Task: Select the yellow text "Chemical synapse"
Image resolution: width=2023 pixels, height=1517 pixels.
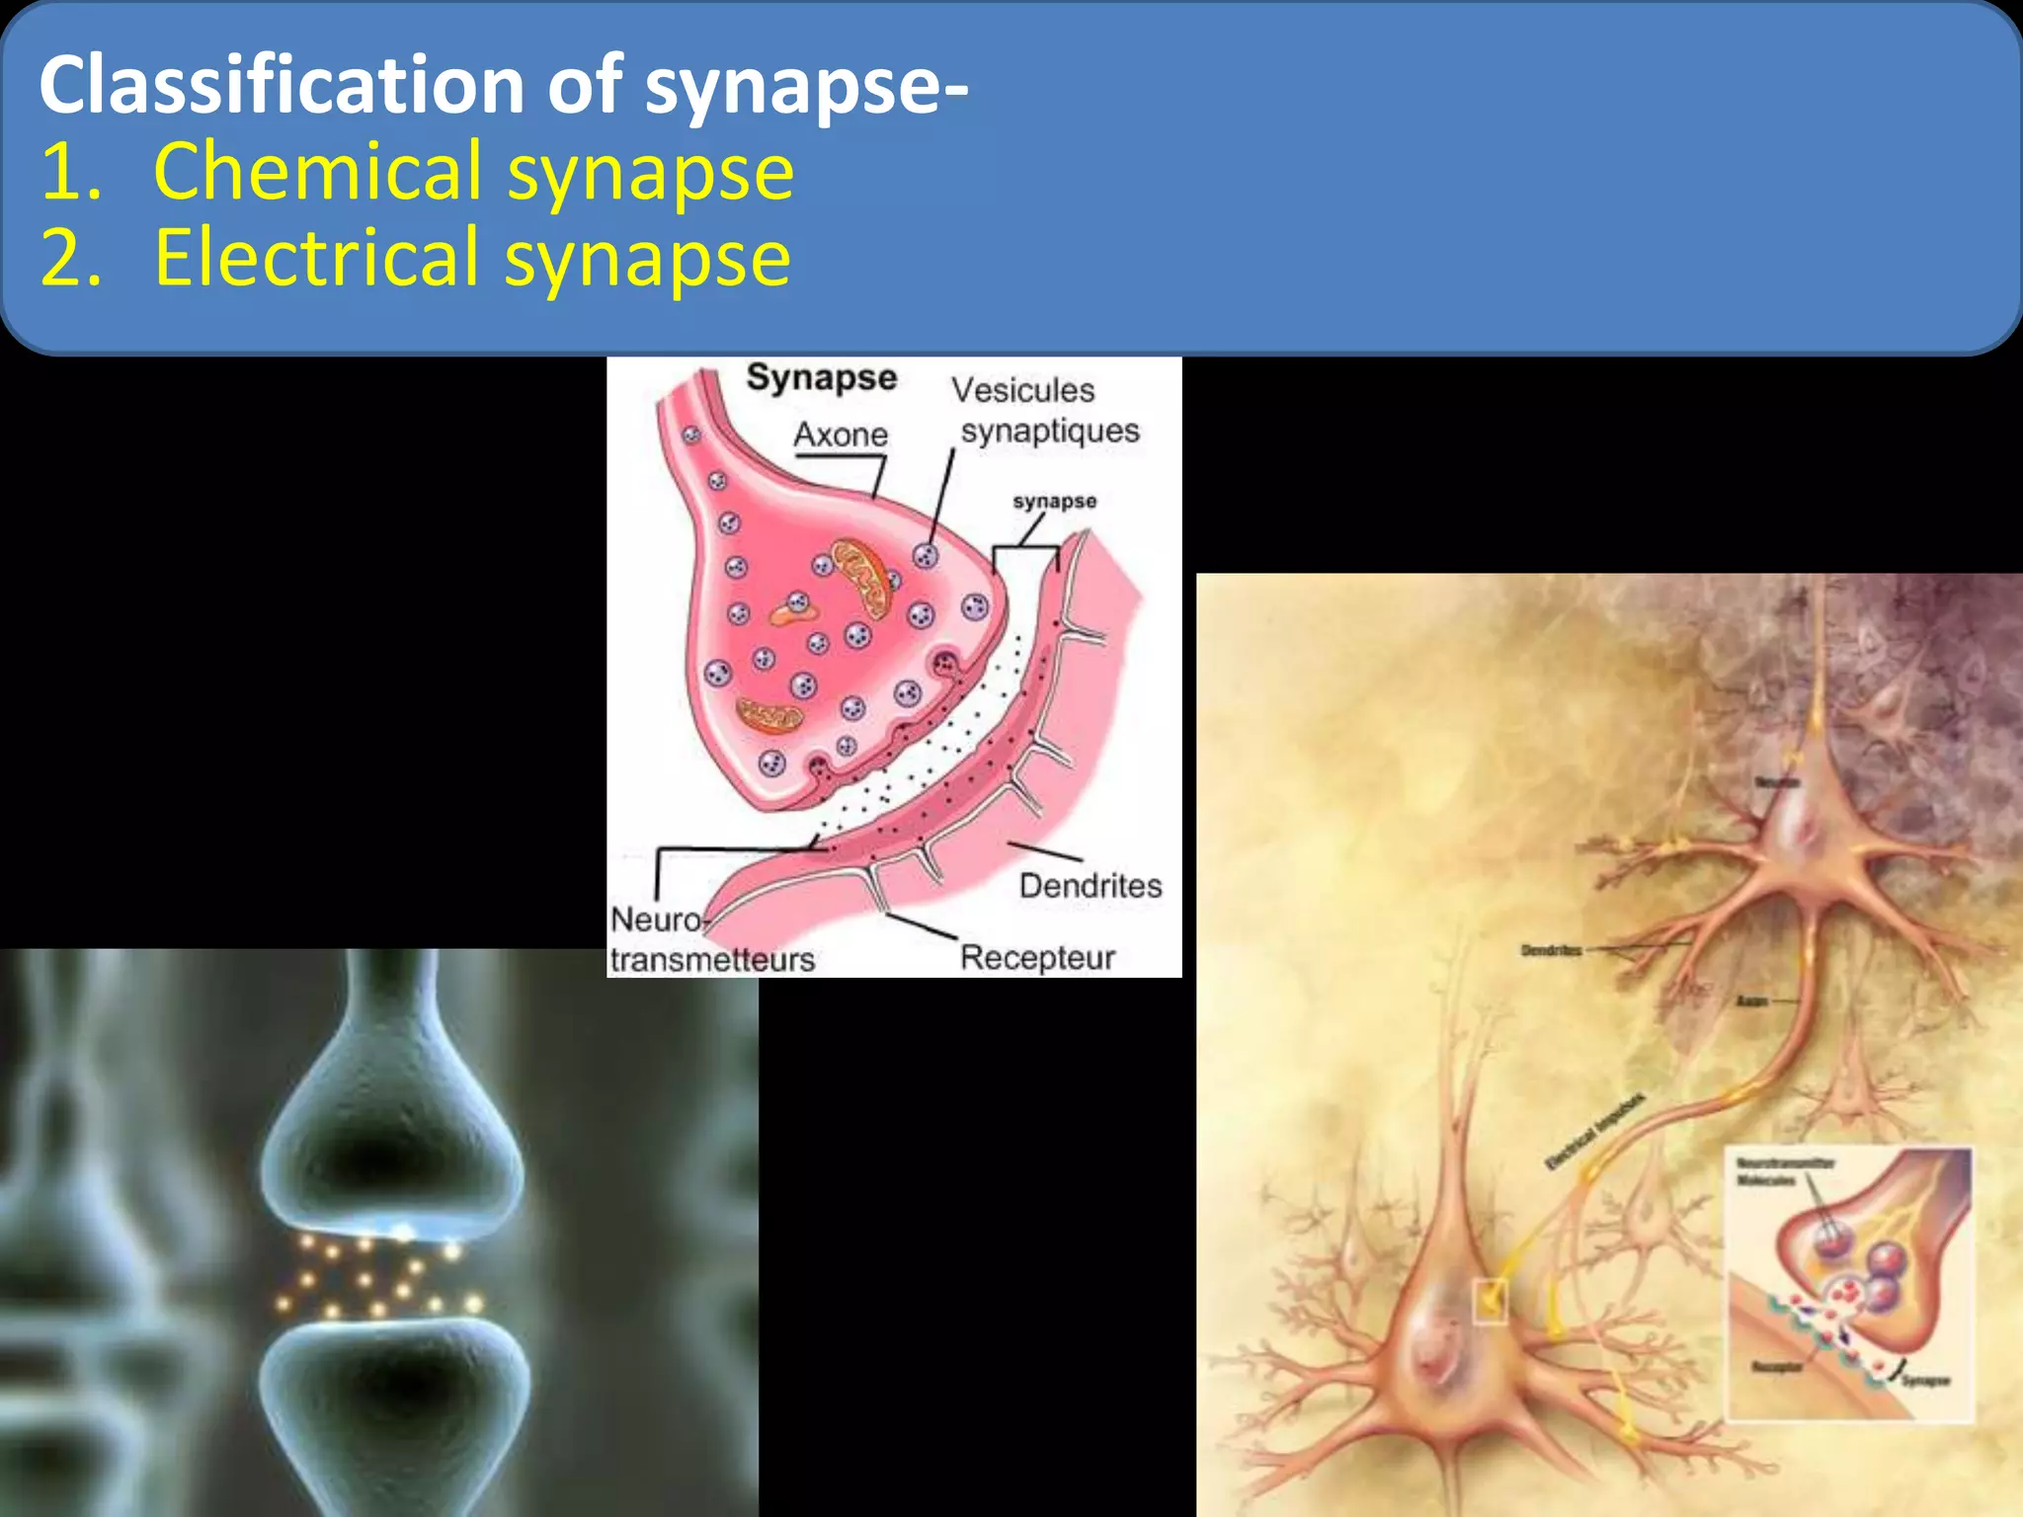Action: (473, 172)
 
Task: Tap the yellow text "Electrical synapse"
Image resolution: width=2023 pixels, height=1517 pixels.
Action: (472, 258)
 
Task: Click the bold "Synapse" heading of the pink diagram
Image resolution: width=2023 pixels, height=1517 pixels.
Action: (821, 378)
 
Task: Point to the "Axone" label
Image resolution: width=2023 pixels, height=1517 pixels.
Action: (841, 435)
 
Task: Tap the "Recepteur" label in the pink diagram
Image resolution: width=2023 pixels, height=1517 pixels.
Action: (1037, 957)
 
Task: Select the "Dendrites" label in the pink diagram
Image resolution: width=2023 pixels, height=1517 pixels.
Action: (1091, 886)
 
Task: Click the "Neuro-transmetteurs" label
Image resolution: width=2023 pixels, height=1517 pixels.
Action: (711, 940)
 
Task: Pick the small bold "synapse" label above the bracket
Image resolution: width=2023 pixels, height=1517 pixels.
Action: (1054, 501)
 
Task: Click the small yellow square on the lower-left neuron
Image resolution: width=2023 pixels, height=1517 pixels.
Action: (1490, 1300)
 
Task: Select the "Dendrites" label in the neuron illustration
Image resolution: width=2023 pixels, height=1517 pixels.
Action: (1551, 951)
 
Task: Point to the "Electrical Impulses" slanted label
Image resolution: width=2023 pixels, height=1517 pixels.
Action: (1594, 1132)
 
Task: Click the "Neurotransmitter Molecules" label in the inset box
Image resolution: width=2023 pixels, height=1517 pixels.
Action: (1784, 1171)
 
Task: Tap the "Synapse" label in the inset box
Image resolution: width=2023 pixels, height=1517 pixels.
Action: (1925, 1381)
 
